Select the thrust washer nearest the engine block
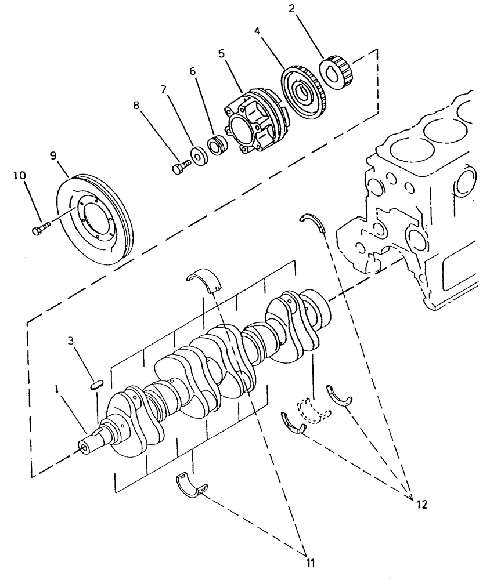(x=314, y=222)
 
